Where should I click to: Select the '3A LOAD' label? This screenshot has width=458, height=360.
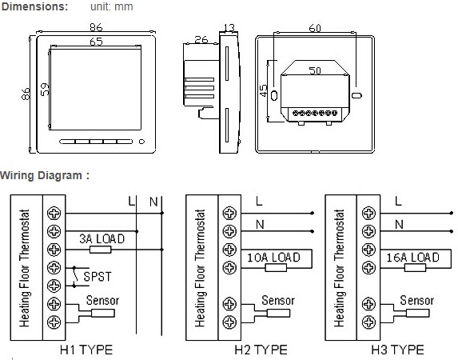click(101, 238)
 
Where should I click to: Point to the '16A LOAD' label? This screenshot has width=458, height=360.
click(412, 258)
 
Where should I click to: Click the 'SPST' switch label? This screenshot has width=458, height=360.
click(98, 277)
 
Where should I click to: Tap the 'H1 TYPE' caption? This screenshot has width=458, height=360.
click(86, 350)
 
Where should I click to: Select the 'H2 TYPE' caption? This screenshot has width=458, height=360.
click(261, 350)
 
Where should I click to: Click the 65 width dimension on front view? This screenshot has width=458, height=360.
click(96, 41)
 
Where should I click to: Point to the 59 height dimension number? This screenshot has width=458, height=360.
click(46, 90)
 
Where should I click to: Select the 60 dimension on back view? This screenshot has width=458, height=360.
click(315, 28)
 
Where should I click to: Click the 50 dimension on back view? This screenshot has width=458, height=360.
click(315, 71)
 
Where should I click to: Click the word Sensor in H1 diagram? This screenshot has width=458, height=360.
click(102, 302)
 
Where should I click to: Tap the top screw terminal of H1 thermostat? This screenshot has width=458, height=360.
click(54, 213)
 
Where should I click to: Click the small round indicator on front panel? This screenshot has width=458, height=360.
click(142, 144)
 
